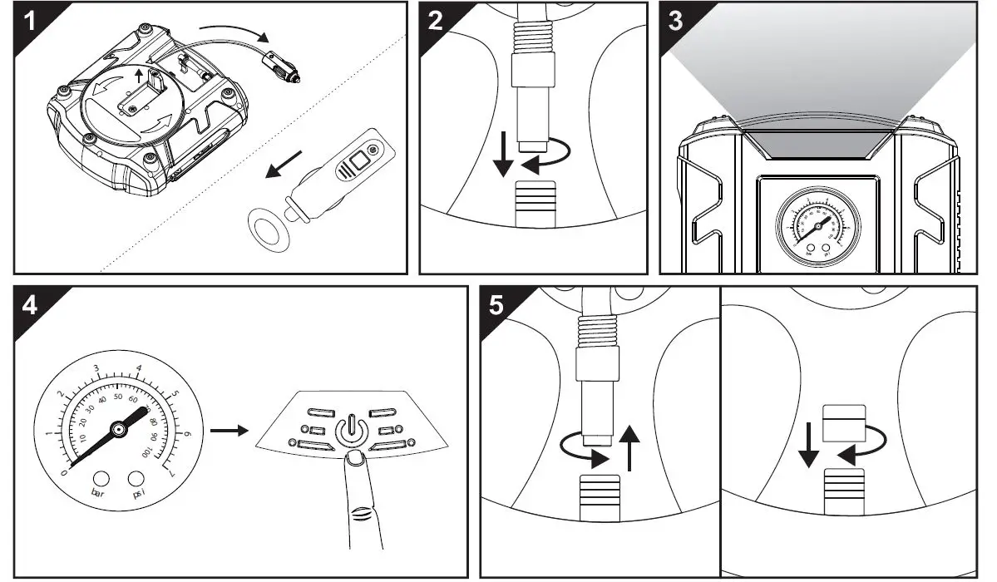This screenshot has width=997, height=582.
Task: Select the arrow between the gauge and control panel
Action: tap(228, 431)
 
